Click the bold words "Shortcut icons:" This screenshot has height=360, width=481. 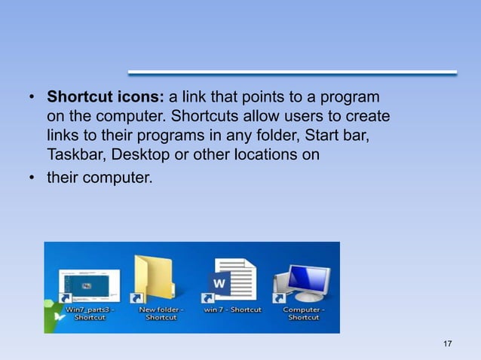point(105,98)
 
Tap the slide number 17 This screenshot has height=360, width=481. point(448,344)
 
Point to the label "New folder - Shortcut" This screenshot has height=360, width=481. point(161,313)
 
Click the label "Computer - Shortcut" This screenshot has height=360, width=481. point(304,313)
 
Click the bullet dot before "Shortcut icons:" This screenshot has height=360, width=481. point(32,99)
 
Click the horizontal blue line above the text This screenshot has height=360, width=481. point(293,73)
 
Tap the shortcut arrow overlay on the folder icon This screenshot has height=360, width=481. point(137,298)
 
